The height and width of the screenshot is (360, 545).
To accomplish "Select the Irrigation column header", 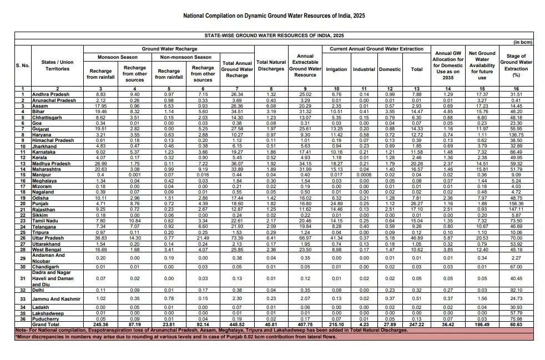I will click(x=337, y=69).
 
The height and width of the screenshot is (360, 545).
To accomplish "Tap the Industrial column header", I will click(x=364, y=69).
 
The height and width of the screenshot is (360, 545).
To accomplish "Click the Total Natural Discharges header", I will click(x=271, y=66).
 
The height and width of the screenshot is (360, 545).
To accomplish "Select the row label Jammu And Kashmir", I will click(x=56, y=300).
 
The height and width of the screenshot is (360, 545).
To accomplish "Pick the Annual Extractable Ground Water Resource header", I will click(x=305, y=66).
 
